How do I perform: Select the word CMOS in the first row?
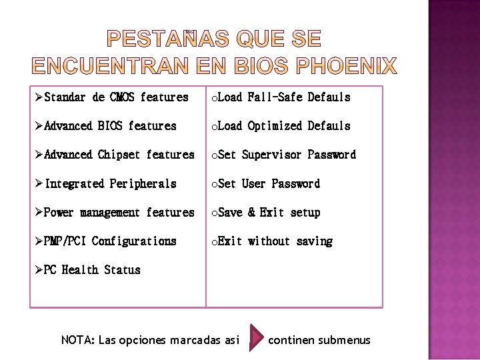[x=122, y=97]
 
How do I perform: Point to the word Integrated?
[x=74, y=183]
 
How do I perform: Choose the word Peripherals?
[x=143, y=183]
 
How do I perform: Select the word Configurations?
[x=134, y=241]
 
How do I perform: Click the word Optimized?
[x=274, y=126]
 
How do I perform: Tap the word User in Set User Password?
[x=253, y=183]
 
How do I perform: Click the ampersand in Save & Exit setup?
[x=251, y=213]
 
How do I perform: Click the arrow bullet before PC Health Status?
[x=39, y=269]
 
